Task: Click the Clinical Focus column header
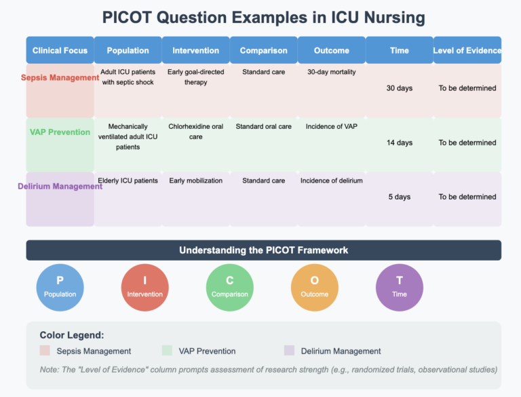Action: click(x=60, y=50)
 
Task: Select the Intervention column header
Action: click(x=195, y=50)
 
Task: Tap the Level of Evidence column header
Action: click(x=467, y=50)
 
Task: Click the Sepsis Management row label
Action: click(x=60, y=77)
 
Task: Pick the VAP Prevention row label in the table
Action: click(x=60, y=132)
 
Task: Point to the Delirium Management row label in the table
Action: click(x=60, y=186)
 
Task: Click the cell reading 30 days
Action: click(x=399, y=88)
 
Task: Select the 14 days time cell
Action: click(x=399, y=143)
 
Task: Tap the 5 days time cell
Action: click(x=399, y=197)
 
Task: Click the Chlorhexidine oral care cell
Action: click(x=195, y=132)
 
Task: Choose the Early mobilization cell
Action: click(x=195, y=181)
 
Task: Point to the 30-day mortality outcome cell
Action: click(x=332, y=72)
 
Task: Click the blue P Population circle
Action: click(x=60, y=287)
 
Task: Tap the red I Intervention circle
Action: click(x=144, y=287)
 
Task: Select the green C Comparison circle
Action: click(x=229, y=287)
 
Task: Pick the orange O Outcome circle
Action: click(x=314, y=287)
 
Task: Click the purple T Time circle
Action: click(x=399, y=287)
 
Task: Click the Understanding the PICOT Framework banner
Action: click(x=263, y=250)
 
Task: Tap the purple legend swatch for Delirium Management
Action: click(x=289, y=351)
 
